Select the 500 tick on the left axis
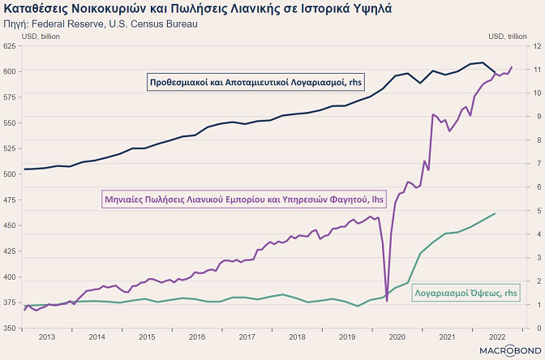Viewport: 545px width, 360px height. pos(11,174)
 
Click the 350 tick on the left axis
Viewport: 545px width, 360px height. pos(11,328)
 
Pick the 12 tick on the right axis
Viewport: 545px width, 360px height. pos(534,46)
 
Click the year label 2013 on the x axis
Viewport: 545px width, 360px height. pos(47,336)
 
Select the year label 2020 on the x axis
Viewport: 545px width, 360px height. pos(397,336)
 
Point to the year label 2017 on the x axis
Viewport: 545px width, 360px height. pos(247,336)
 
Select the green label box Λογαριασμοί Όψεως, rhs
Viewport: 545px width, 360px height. pos(466,293)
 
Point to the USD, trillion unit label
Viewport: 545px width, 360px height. pos(509,36)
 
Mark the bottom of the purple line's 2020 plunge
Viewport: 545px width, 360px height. pos(387,301)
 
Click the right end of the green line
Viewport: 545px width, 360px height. pos(496,213)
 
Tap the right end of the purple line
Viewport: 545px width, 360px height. pos(512,66)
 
